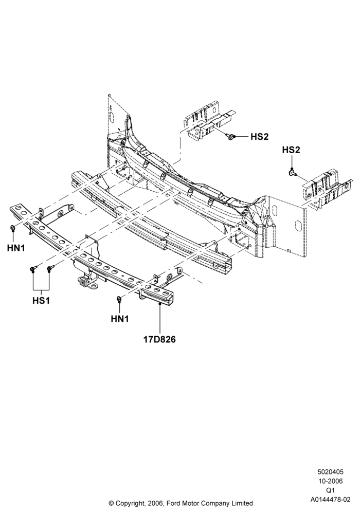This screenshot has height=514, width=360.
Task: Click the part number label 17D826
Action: [x=159, y=339]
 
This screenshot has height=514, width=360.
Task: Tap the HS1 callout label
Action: [x=41, y=300]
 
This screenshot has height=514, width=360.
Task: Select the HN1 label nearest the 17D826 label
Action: [x=120, y=318]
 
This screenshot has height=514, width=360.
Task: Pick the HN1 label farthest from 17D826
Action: [x=16, y=248]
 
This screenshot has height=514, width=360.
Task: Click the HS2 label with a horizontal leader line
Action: [x=259, y=137]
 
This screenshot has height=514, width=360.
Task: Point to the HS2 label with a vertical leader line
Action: [x=291, y=150]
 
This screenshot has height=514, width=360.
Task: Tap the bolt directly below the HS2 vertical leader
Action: [x=292, y=172]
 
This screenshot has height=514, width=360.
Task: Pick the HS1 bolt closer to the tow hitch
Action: [x=50, y=268]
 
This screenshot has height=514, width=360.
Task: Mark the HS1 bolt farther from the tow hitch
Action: [x=33, y=268]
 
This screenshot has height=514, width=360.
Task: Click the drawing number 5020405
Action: [x=331, y=472]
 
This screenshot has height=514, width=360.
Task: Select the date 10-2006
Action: [x=331, y=481]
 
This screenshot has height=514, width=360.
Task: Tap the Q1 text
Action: [x=331, y=490]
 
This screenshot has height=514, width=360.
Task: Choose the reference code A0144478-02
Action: [x=331, y=500]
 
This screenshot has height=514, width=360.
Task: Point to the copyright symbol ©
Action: [x=111, y=503]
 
